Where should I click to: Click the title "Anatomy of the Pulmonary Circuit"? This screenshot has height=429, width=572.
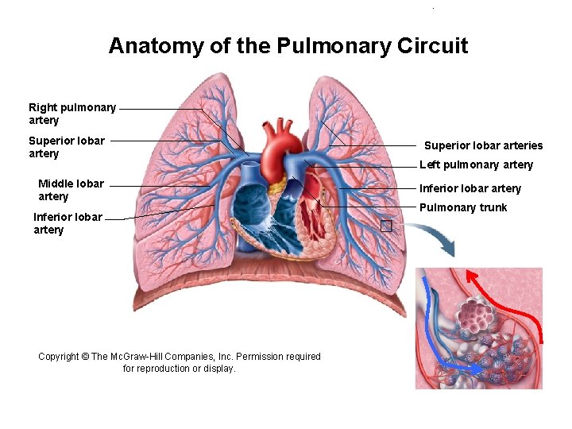click(x=288, y=46)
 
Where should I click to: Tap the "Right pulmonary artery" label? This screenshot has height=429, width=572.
click(x=72, y=114)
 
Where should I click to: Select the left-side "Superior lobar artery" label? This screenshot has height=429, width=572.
click(x=67, y=147)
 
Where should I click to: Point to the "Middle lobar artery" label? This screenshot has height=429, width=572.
click(x=71, y=190)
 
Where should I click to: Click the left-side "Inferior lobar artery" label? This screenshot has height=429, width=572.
click(x=68, y=223)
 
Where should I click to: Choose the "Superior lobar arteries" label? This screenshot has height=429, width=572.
click(x=483, y=145)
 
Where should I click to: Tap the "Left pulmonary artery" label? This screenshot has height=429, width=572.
click(x=476, y=164)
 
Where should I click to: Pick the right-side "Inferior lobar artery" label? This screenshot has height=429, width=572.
click(x=470, y=188)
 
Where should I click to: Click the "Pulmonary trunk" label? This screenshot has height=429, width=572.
click(x=462, y=208)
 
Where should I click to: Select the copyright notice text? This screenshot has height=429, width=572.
click(x=180, y=362)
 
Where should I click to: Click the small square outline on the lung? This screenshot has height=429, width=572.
click(x=386, y=226)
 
